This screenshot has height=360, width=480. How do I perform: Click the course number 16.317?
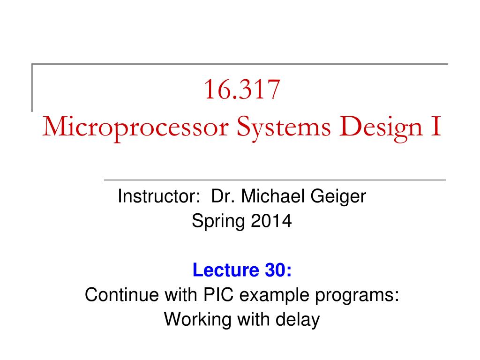pos(242,90)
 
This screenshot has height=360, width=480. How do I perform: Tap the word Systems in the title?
pos(284,128)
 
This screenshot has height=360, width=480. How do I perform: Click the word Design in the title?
pos(381,128)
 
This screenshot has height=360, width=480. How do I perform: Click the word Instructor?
pos(158,196)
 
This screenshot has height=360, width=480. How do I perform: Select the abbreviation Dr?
pos(223,196)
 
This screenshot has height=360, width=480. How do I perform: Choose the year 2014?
pos(271,221)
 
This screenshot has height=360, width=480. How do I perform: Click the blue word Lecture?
pos(226,270)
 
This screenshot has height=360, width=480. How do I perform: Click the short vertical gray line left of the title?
pos(32,88)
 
